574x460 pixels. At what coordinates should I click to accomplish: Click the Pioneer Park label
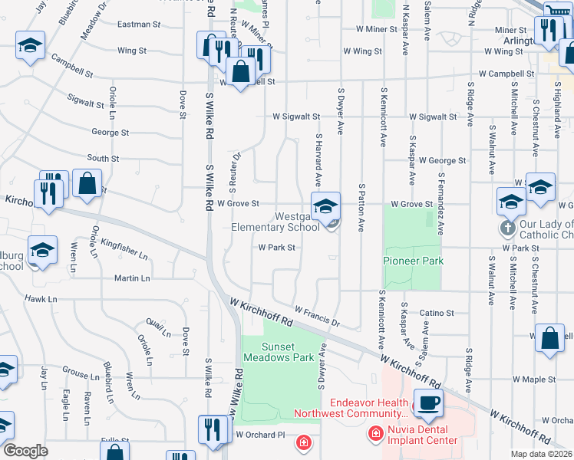pos(414,261)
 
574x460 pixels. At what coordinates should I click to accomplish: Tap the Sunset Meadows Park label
pos(279,352)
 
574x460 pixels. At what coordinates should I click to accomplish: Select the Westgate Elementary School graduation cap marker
pos(325,206)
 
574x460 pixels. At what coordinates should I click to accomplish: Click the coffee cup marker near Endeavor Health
pos(427,402)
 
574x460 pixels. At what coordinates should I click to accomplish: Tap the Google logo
pos(25,451)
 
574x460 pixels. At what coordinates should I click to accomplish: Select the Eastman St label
pos(133,25)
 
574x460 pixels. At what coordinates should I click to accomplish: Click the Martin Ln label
pos(132,278)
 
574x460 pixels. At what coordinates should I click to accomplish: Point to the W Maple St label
pos(534,379)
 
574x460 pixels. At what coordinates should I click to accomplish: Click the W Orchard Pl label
pos(260,435)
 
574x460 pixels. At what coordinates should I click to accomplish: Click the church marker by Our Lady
pos(506,228)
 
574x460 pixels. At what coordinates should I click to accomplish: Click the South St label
pos(103,159)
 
